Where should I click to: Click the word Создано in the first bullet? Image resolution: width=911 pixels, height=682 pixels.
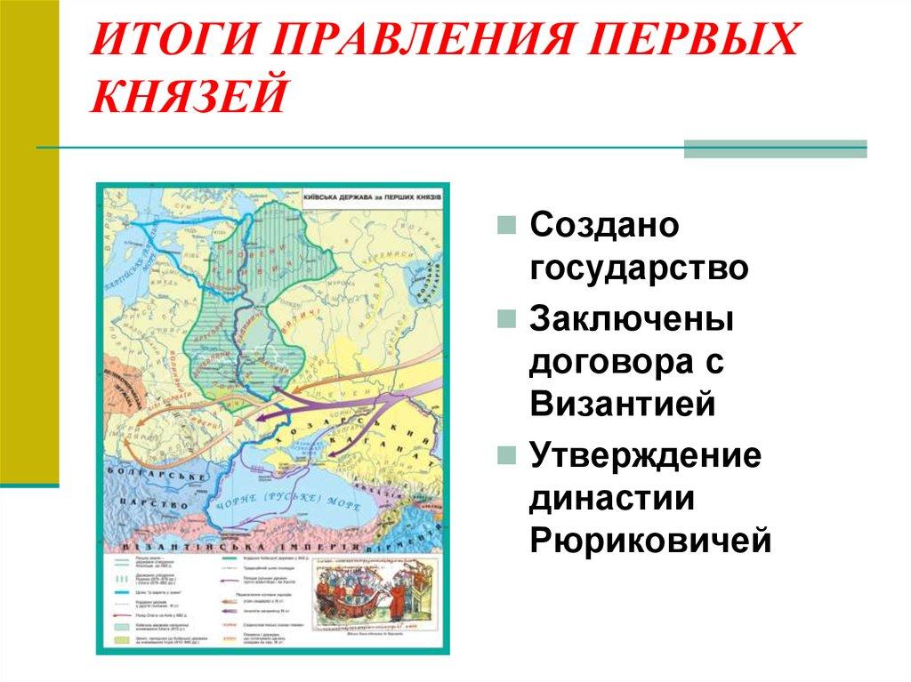[x=604, y=224]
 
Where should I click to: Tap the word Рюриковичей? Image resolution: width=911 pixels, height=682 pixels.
[x=650, y=539]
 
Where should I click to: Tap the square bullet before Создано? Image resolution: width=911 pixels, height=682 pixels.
[x=505, y=226]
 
